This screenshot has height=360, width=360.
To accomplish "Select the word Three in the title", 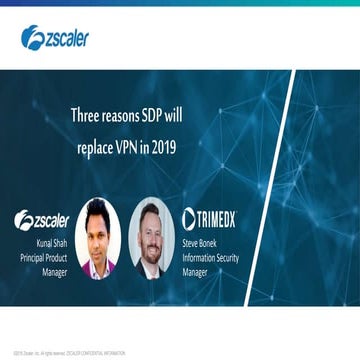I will [x=87, y=115].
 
